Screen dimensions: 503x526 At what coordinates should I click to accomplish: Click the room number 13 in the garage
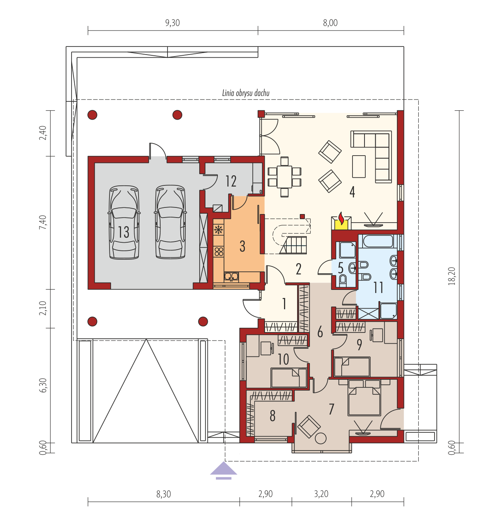123,231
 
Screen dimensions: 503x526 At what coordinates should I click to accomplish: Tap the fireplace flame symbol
341,218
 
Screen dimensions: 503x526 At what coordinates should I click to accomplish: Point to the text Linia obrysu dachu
246,93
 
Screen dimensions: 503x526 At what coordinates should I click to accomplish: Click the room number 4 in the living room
352,192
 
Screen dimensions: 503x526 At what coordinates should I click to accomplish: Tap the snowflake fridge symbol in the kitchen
218,230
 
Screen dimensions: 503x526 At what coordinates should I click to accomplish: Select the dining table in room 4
284,176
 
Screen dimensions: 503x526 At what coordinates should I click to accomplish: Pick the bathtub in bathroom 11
378,241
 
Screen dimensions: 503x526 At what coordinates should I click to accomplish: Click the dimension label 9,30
172,23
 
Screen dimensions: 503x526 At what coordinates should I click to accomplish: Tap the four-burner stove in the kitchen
218,251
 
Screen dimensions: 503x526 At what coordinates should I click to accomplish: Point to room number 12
231,181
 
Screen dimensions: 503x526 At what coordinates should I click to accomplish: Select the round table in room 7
321,438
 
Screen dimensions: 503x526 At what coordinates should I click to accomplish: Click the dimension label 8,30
163,494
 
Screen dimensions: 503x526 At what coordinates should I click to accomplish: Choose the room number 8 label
272,416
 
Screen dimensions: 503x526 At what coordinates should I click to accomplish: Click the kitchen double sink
231,276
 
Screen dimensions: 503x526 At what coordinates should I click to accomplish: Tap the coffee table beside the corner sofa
359,166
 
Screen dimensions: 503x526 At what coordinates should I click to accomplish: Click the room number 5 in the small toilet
340,268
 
